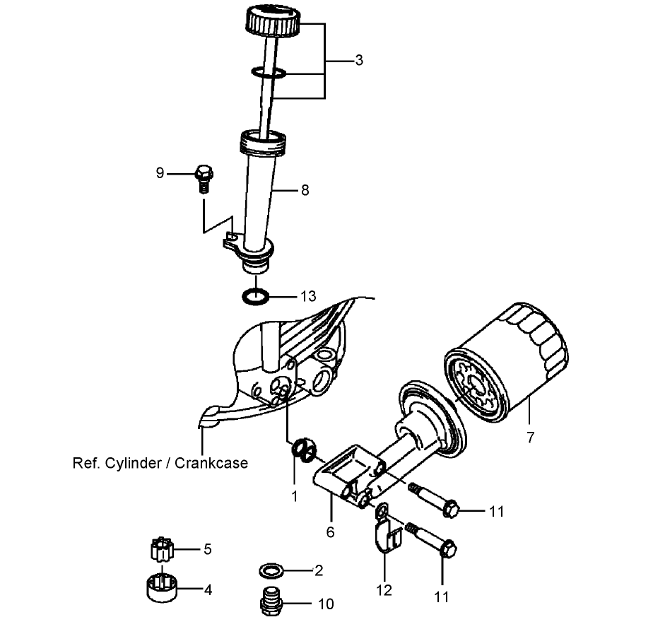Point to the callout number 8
[305, 189]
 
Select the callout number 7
[530, 436]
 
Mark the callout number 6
[329, 532]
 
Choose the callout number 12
[384, 589]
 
